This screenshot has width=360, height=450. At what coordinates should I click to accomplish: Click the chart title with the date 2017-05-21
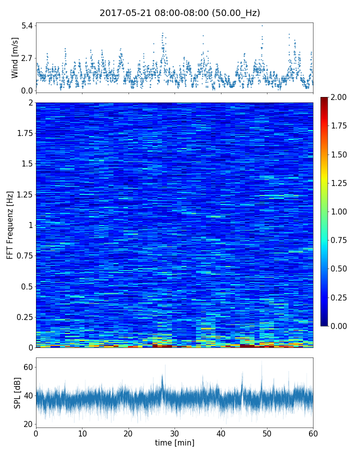coord(179,13)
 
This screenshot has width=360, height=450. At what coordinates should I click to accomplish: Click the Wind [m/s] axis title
coord(15,57)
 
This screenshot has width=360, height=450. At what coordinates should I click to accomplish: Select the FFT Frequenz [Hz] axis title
coord(10,225)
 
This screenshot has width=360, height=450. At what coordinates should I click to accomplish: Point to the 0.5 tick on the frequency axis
coord(26,286)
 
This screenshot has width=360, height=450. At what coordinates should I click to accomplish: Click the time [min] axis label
coord(174,443)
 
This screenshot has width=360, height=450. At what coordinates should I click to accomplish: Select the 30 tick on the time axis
coord(174,433)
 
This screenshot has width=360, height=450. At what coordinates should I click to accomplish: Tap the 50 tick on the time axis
coord(267,433)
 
